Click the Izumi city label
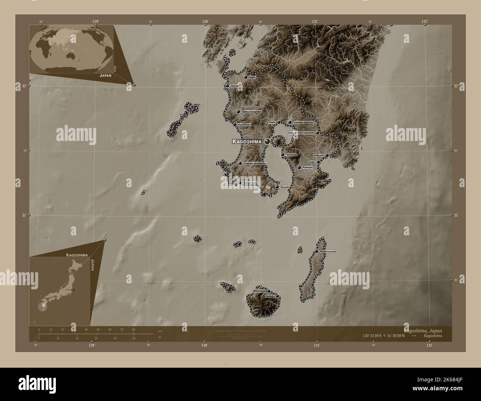click(252, 77)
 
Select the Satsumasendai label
click(252, 111)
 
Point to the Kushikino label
click(244, 125)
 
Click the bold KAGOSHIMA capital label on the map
click(247, 141)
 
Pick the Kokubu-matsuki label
click(303, 122)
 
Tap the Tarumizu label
click(291, 155)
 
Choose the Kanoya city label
click(308, 168)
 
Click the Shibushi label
click(318, 155)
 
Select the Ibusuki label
click(285, 187)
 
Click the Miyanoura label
click(259, 291)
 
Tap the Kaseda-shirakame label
click(255, 163)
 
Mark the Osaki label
click(311, 162)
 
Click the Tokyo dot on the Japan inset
click(74, 290)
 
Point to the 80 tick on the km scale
click(134, 329)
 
